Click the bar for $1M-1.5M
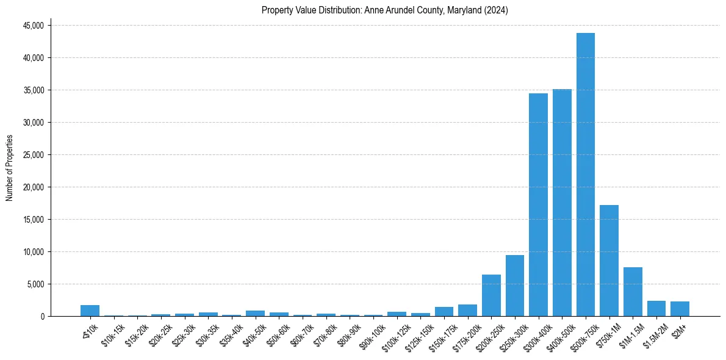pos(633,292)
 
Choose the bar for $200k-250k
pos(491,295)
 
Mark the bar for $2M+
pos(680,309)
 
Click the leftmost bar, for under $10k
pos(90,311)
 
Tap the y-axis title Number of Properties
pos(10,167)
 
